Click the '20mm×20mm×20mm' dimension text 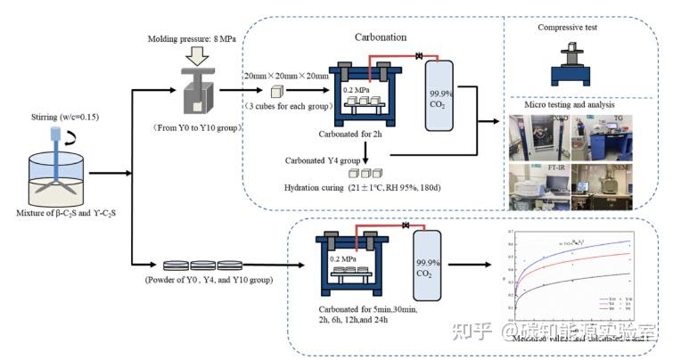[x=285, y=77]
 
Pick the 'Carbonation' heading [x=382, y=37]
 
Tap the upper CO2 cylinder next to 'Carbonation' [x=439, y=91]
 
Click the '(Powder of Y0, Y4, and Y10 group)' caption [x=208, y=280]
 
